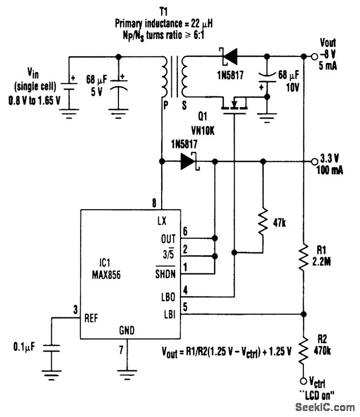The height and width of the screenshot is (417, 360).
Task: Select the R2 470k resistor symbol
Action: (303, 347)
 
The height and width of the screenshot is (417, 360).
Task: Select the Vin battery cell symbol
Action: (70, 87)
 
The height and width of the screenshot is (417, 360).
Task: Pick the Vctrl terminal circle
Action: (303, 381)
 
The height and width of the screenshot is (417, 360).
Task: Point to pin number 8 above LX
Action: (156, 204)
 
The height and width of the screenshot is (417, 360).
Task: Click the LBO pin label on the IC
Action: (168, 297)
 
